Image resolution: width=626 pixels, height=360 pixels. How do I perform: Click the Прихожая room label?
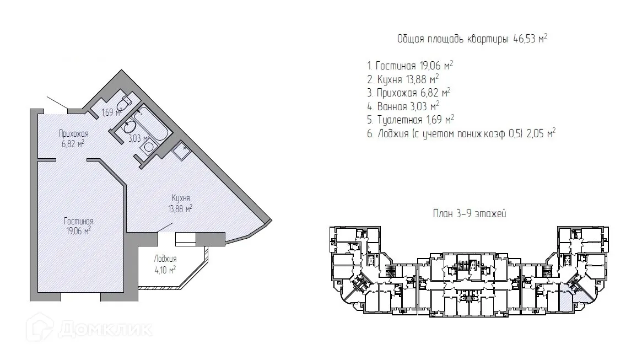tap(74, 133)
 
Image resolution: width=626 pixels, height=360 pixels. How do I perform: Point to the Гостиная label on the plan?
tap(78, 221)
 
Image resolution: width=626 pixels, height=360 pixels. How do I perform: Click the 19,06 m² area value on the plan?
tap(78, 231)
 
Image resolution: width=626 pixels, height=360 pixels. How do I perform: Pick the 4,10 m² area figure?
tap(165, 270)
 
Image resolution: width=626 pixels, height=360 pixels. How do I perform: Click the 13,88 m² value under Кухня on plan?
tap(181, 208)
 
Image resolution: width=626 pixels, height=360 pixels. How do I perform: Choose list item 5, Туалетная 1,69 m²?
tap(410, 119)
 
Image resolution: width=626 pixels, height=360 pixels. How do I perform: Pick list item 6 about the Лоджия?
tap(461, 133)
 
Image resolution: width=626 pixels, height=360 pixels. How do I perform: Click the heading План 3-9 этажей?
tap(469, 214)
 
